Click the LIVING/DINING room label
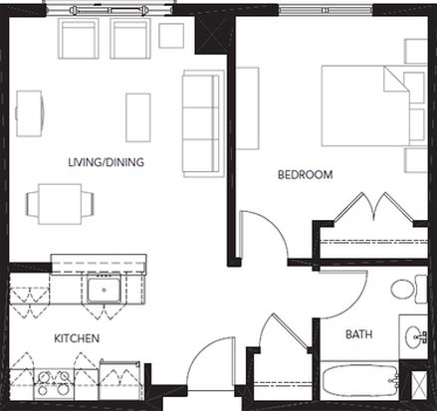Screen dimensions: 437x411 click(106, 162)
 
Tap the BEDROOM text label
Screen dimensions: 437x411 click(306, 174)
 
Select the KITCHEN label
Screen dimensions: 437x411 click(77, 338)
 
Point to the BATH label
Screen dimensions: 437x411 click(359, 334)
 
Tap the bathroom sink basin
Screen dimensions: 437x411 click(414, 337)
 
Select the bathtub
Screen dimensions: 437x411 click(360, 382)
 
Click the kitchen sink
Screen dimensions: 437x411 click(104, 290)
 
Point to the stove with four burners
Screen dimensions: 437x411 click(54, 384)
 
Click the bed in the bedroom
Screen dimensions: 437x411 click(374, 106)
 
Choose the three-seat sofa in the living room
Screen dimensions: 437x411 click(203, 123)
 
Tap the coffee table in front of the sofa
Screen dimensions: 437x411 click(138, 117)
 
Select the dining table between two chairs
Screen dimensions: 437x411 click(60, 204)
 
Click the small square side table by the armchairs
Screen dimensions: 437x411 click(171, 36)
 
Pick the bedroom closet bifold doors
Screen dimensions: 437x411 click(374, 207)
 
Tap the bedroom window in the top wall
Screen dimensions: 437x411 click(326, 11)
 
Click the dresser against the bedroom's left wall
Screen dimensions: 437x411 click(248, 108)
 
